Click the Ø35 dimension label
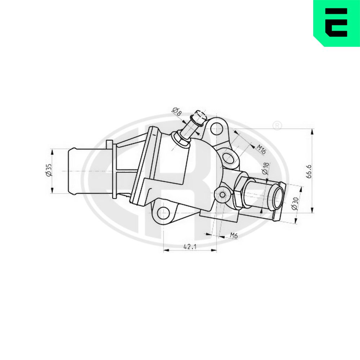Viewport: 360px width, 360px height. (x=49, y=170)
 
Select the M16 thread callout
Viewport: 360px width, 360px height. (x=261, y=149)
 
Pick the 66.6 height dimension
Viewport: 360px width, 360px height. (x=309, y=171)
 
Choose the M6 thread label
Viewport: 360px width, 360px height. (x=234, y=235)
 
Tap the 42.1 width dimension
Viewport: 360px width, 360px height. (x=190, y=247)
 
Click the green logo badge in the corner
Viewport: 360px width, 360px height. (x=337, y=23)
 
